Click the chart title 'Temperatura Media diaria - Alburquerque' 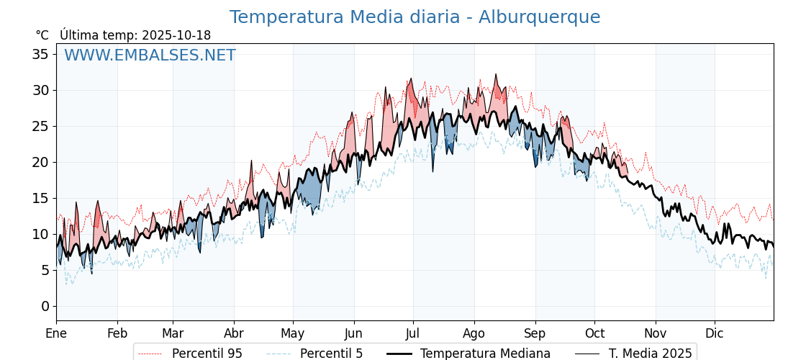click(415, 17)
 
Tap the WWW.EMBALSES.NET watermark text click(150, 55)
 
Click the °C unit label click(42, 35)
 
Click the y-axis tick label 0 click(45, 306)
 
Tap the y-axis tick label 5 click(45, 270)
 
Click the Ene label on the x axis click(56, 333)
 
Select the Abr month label click(234, 333)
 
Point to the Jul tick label click(413, 333)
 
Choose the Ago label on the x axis click(474, 333)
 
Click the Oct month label click(594, 333)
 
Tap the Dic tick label click(715, 333)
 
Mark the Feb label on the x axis click(117, 333)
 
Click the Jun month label click(353, 333)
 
